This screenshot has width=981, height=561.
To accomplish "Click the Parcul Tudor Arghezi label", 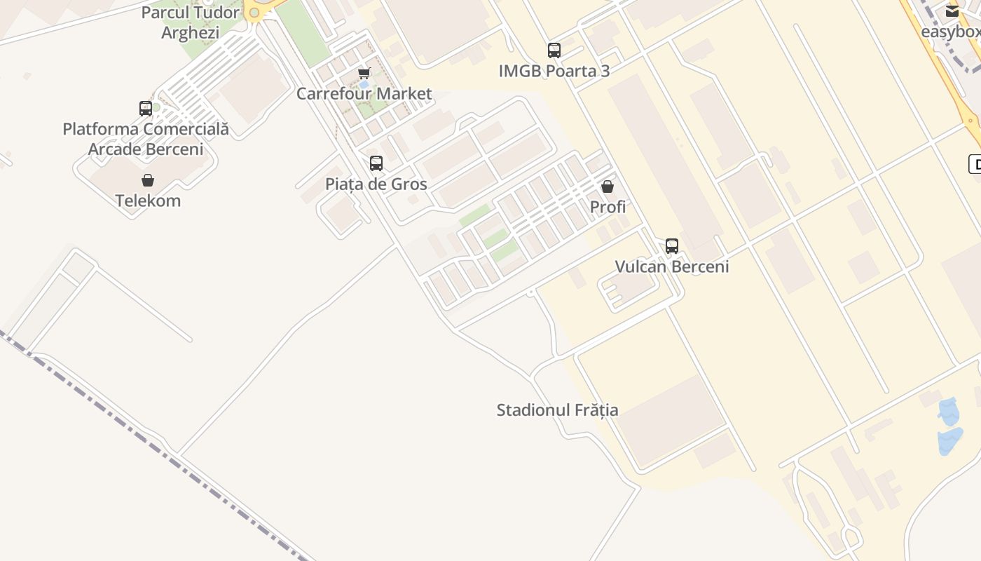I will (191, 22).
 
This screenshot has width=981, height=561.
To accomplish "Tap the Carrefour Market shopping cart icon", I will (364, 73).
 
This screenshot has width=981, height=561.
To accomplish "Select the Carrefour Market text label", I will (364, 94).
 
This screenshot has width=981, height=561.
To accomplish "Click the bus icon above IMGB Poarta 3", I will (554, 50).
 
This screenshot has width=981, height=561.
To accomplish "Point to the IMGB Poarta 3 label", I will (554, 71).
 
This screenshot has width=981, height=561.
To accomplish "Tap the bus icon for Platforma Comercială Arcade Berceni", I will (146, 109).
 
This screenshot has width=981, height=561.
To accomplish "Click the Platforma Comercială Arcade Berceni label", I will (146, 139).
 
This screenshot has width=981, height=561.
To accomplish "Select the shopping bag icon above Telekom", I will (148, 180).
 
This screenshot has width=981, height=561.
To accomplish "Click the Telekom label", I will (148, 201).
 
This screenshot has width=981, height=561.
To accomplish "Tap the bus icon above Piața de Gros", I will (376, 163).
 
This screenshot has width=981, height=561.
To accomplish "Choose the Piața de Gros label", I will (376, 184).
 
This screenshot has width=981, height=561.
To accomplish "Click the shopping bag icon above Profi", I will (608, 187).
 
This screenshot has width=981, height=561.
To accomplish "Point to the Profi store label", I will (608, 207).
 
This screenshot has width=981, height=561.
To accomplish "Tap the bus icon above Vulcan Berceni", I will (672, 246).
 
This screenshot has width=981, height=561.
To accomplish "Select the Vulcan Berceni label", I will (672, 266).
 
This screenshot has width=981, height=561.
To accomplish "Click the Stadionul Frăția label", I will (557, 410).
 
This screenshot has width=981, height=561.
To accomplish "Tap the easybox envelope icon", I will (952, 11).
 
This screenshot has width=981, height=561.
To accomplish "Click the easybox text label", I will (950, 32).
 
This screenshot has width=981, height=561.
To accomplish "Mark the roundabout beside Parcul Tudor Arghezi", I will (254, 13).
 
